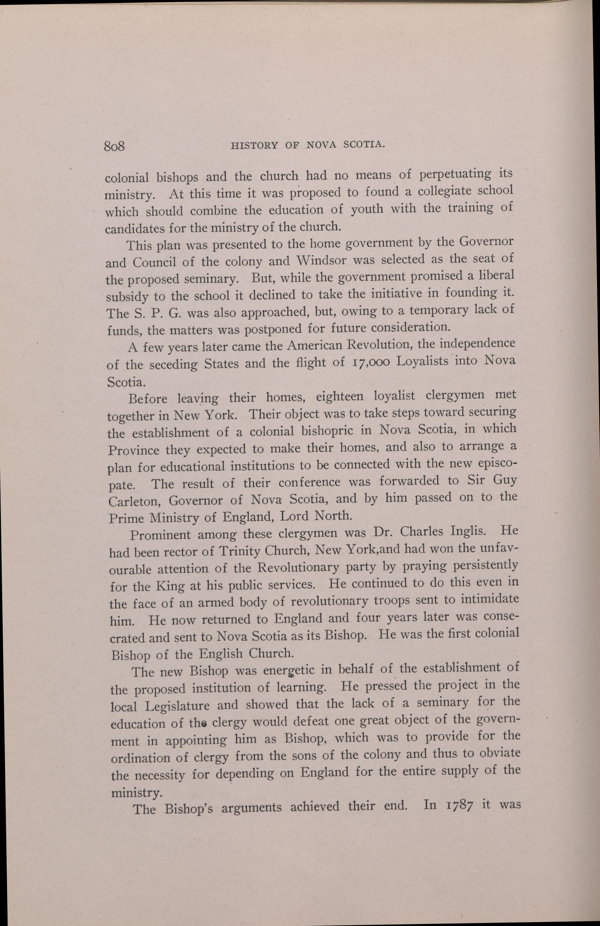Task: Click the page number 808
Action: (114, 147)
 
